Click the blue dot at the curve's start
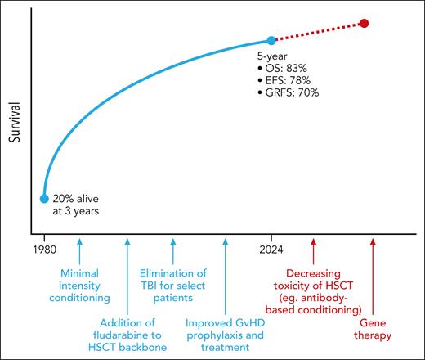(44, 198)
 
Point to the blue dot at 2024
(271, 40)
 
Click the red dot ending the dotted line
(364, 23)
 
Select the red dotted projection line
(319, 31)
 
